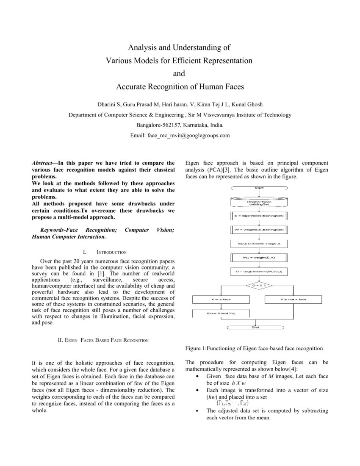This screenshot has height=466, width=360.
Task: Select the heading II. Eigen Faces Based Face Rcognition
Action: point(103,340)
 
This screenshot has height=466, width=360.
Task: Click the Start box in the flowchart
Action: point(260,187)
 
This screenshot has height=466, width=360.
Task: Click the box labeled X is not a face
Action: point(293,300)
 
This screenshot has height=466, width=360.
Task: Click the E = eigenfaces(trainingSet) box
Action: point(260,216)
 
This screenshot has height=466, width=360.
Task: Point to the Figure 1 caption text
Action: point(254,348)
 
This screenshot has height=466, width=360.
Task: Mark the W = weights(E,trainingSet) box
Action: point(260,230)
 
